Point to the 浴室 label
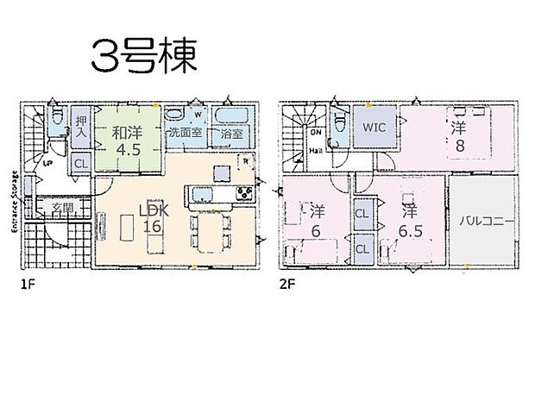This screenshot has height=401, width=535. click(x=230, y=134)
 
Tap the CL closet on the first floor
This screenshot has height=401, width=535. click(x=80, y=162)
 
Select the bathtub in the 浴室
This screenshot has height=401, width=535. click(x=230, y=118)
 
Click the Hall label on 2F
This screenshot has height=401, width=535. click(x=317, y=150)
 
